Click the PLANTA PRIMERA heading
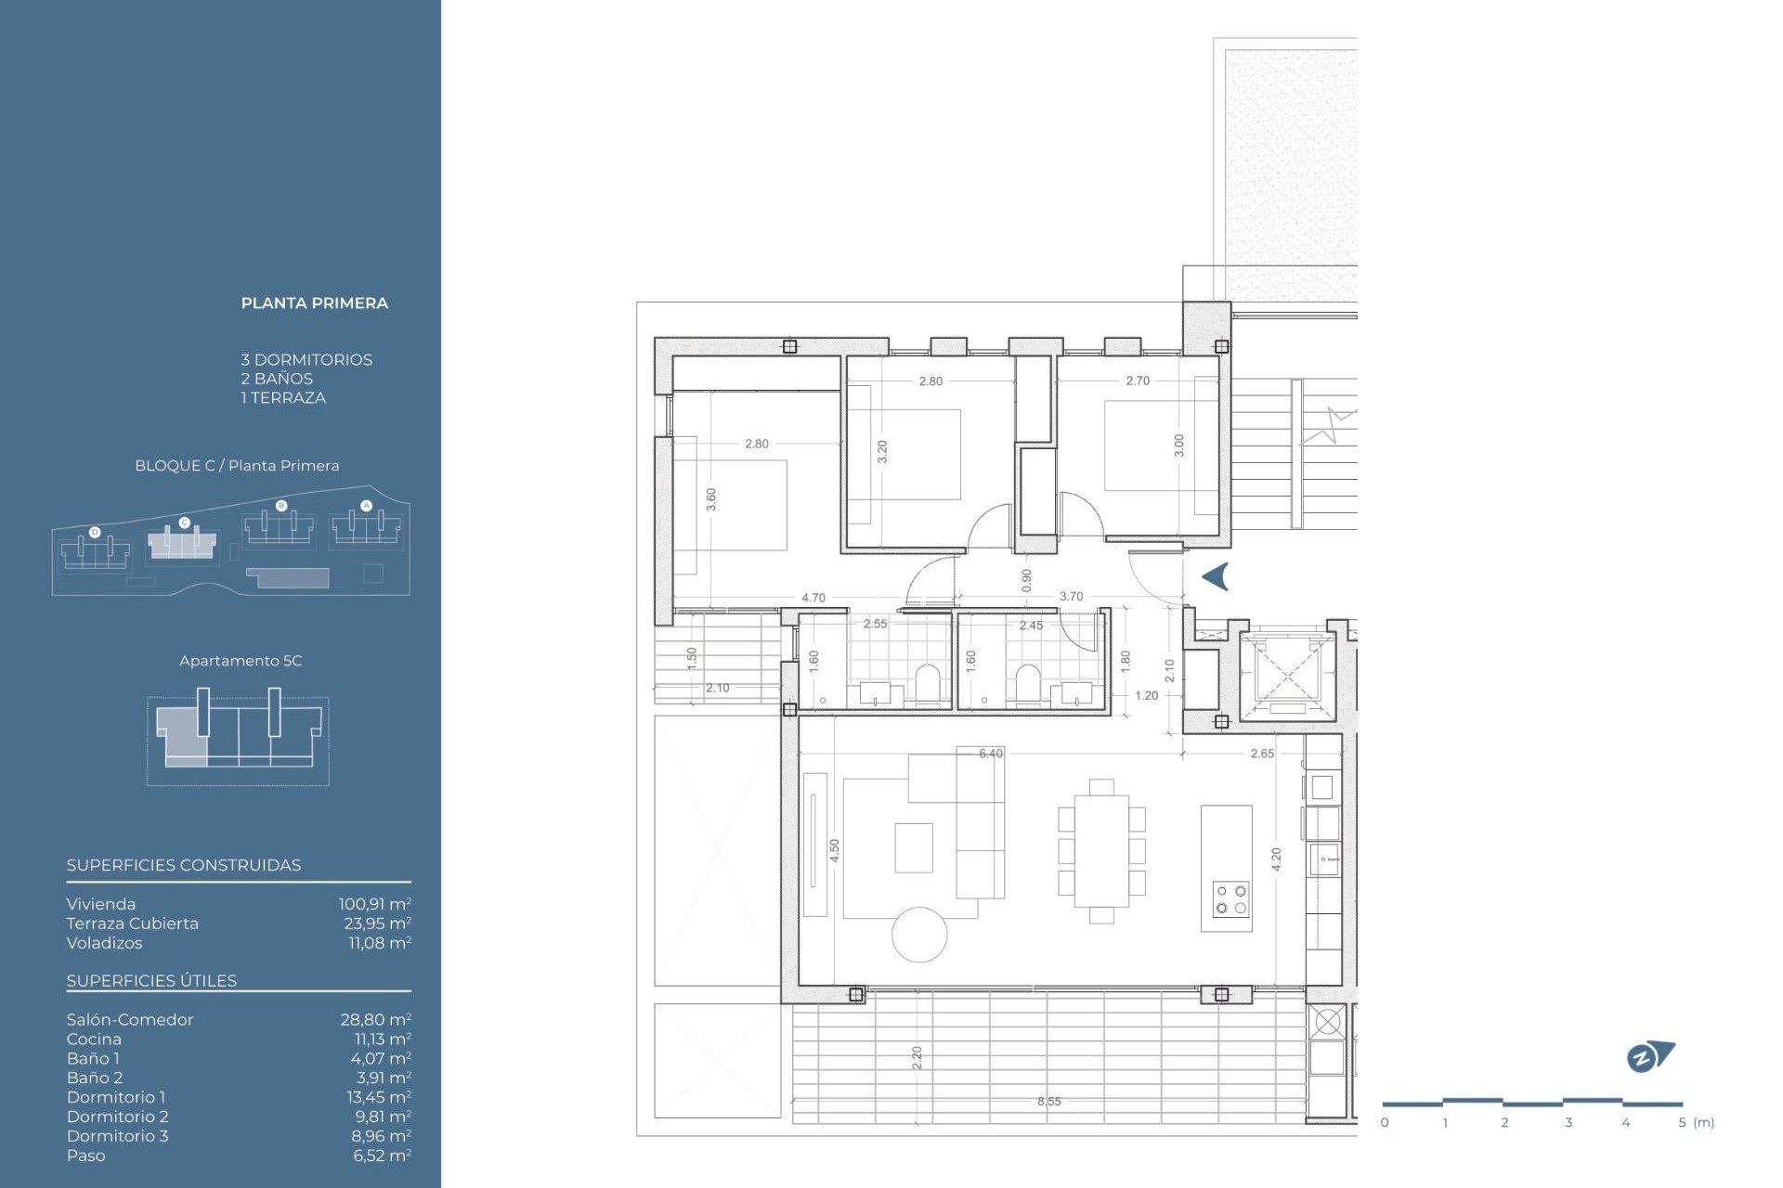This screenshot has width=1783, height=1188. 314,303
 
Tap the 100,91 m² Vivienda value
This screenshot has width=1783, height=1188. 374,903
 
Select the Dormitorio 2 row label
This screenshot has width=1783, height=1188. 117,1116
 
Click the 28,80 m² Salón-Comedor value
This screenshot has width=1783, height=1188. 375,1019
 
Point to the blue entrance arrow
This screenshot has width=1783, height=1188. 1216,576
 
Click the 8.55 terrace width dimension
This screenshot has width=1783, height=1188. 1048,1101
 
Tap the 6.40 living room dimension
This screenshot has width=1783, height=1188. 990,753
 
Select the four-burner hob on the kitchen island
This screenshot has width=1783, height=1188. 1230,898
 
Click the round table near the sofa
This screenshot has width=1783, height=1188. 919,934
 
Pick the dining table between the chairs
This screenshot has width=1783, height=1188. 1101,850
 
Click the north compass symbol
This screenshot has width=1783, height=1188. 1649,1056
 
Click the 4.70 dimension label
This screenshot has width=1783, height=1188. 813,597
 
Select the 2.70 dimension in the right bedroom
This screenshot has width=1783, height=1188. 1137,381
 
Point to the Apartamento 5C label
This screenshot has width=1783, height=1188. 241,661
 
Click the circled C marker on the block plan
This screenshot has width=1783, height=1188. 184,523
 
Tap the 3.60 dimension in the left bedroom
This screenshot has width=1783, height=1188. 710,499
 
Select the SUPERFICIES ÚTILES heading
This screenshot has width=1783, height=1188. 151,980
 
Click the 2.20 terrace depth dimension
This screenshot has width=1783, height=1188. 917,1056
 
